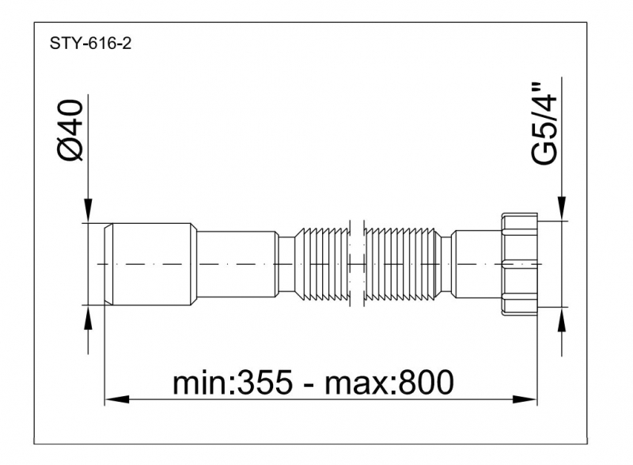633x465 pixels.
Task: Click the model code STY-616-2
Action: click(x=90, y=43)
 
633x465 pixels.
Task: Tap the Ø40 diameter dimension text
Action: click(x=70, y=130)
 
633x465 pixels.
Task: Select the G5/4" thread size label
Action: click(x=544, y=123)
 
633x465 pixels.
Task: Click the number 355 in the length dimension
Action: click(x=264, y=382)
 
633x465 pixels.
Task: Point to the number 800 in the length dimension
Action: click(x=426, y=382)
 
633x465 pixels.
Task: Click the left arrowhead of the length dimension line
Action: click(x=116, y=399)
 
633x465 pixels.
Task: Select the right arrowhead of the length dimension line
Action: click(x=525, y=399)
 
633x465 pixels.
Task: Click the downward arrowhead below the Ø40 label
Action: click(x=88, y=210)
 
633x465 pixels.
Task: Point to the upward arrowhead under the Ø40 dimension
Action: click(x=88, y=317)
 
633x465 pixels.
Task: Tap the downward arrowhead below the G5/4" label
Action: click(x=561, y=209)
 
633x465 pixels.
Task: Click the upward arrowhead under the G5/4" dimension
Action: click(x=561, y=319)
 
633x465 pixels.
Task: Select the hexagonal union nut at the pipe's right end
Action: click(x=520, y=264)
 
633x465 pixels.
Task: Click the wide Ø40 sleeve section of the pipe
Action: click(x=154, y=264)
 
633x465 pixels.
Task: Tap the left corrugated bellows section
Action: click(x=322, y=264)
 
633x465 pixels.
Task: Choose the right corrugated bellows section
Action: click(x=403, y=264)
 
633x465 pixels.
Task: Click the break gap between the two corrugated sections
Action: click(x=358, y=264)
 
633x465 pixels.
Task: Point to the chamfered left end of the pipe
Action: click(x=108, y=264)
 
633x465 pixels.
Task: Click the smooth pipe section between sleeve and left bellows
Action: click(x=237, y=264)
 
